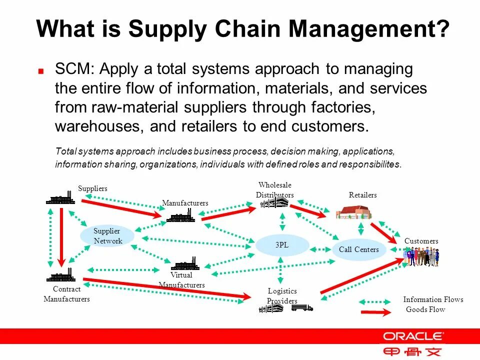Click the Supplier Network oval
point(107,235)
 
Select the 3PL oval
point(281,245)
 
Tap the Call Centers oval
point(359,249)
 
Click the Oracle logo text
point(412,336)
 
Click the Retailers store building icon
point(353,212)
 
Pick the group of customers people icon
point(421,256)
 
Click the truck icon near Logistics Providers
point(302,307)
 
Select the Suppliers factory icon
point(60,198)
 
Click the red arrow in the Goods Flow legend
point(375,312)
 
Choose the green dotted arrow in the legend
point(376,301)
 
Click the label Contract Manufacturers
point(66,294)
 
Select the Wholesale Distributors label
point(275,190)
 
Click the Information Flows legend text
point(433,299)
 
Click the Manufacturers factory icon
point(180,216)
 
